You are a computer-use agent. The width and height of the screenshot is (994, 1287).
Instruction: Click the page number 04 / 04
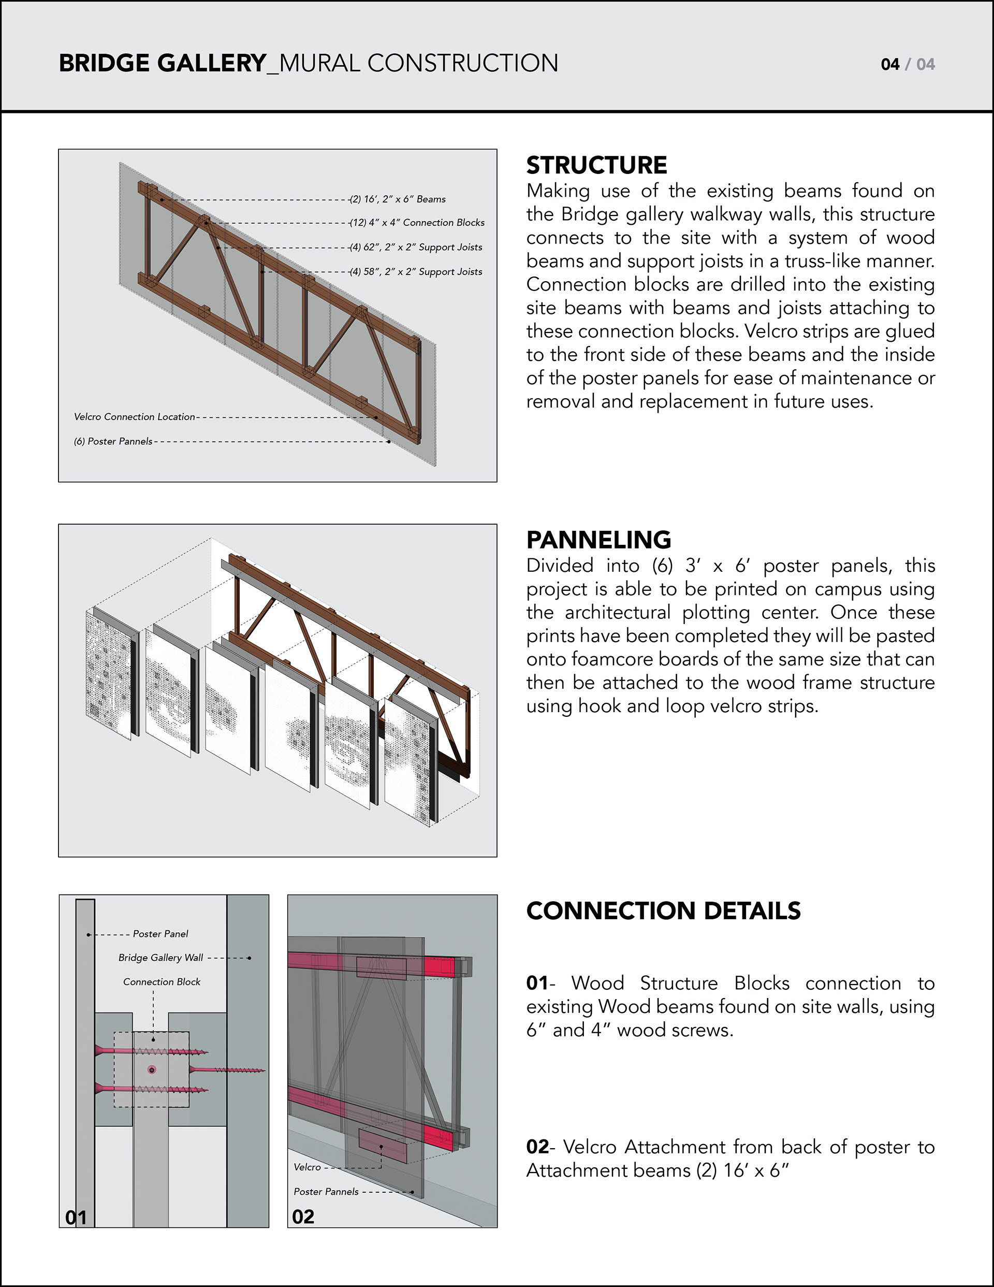[908, 64]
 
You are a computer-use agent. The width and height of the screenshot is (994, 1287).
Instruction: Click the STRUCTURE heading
[596, 165]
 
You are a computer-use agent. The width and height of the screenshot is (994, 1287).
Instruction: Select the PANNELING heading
[598, 540]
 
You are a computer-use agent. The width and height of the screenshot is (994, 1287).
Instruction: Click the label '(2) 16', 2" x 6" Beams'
[398, 199]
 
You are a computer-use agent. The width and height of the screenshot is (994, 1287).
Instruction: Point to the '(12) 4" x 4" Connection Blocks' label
[417, 223]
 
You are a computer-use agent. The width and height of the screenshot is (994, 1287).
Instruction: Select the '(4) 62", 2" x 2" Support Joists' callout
[416, 248]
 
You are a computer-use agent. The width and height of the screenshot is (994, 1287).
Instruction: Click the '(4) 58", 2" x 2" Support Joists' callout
[416, 272]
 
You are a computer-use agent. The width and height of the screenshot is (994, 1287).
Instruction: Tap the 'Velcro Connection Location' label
[134, 416]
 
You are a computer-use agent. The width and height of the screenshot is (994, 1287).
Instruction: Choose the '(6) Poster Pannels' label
[113, 441]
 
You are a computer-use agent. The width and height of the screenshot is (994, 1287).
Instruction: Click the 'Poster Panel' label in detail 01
[160, 933]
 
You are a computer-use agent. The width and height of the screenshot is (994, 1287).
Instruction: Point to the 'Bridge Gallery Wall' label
[161, 958]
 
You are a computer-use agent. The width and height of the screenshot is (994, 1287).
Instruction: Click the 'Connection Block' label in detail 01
[162, 982]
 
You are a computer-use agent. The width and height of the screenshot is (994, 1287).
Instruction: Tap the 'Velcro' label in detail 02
[307, 1167]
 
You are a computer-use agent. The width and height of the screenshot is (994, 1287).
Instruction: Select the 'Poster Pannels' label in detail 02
[326, 1192]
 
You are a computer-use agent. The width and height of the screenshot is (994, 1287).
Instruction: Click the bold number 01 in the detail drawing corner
[76, 1217]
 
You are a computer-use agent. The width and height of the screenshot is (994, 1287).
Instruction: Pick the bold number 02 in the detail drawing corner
[303, 1216]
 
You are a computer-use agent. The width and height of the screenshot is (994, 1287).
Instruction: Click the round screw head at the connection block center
[152, 1069]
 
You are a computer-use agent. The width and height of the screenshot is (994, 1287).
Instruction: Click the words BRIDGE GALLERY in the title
[163, 63]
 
